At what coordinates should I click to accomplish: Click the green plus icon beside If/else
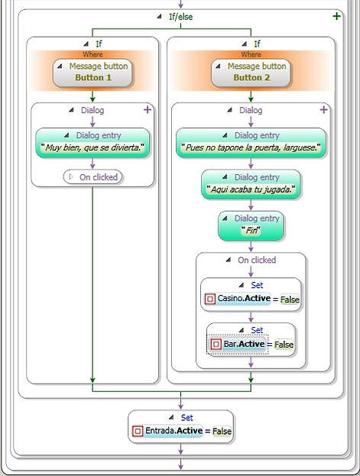pos(336,16)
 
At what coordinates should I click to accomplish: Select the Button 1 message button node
pos(92,73)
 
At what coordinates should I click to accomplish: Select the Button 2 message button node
pos(251,73)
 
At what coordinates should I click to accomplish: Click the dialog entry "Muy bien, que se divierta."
pos(92,142)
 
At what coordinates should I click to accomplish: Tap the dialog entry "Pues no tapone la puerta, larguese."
pos(251,142)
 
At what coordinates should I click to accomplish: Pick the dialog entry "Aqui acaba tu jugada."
pos(251,184)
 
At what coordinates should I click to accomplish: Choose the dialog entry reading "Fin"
pos(251,226)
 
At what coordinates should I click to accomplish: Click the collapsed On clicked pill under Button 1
pos(92,177)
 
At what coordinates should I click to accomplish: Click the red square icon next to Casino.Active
pos(209,299)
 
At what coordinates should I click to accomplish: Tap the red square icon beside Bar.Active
pos(216,345)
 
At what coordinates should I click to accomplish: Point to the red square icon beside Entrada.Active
pos(138,431)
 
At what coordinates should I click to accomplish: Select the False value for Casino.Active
pos(290,300)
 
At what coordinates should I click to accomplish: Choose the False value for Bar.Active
pos(284,345)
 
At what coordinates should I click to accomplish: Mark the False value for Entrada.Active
pos(222,431)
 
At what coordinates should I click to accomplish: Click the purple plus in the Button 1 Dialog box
pos(148,109)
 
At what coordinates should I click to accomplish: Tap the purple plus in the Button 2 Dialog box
pos(324,109)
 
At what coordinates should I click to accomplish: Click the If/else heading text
pos(180,17)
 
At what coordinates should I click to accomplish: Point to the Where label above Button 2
pos(251,54)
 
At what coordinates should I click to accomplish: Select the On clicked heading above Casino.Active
pos(257,260)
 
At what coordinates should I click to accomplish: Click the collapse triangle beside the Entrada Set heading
pos(171,417)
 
